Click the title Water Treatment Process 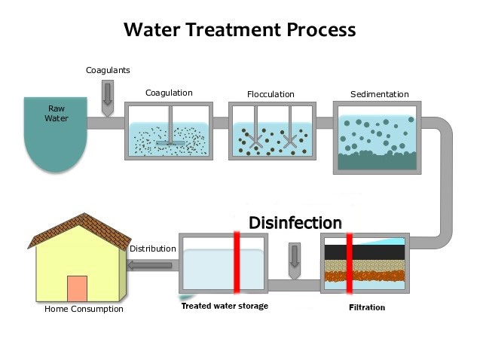coord(240,29)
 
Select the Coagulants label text coord(108,70)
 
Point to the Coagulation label coord(169,93)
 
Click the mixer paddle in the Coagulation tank coord(172,141)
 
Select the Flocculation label coord(271,94)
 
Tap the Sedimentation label coord(379,94)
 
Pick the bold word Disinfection coord(295,223)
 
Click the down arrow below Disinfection coord(295,255)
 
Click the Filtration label coord(367,307)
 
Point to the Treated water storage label coord(224,306)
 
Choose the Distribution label coord(153,249)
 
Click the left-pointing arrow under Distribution coord(151,264)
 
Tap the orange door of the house coord(77,288)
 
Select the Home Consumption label coord(84,309)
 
